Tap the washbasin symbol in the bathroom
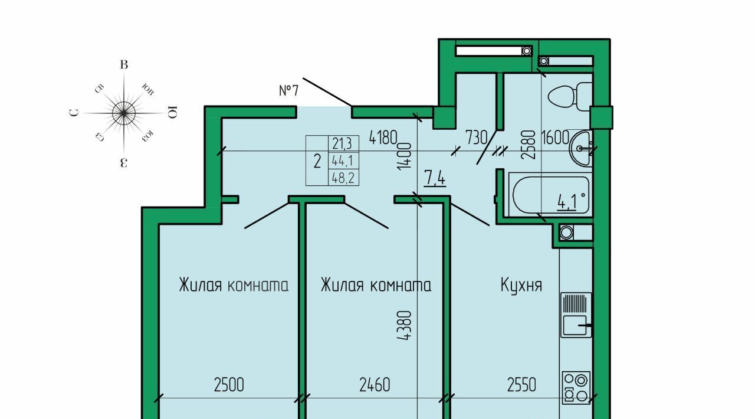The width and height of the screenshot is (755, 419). [581, 149]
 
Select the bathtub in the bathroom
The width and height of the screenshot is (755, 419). [550, 195]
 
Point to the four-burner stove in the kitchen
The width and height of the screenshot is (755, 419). [577, 388]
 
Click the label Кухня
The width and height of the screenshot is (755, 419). [521, 285]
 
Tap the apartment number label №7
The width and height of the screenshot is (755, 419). [289, 90]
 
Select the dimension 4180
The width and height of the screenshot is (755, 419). [383, 138]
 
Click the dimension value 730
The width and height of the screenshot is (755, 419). [477, 138]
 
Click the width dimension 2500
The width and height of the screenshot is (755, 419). [229, 385]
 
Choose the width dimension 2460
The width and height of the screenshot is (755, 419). [375, 385]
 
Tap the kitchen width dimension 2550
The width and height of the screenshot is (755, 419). [521, 385]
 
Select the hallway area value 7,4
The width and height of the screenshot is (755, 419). [435, 178]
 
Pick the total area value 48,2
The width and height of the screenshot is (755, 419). [343, 178]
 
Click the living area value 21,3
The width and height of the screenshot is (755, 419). [342, 144]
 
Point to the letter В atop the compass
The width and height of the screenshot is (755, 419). [124, 65]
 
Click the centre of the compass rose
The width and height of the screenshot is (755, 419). [124, 113]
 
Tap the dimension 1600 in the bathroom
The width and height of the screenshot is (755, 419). [555, 138]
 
